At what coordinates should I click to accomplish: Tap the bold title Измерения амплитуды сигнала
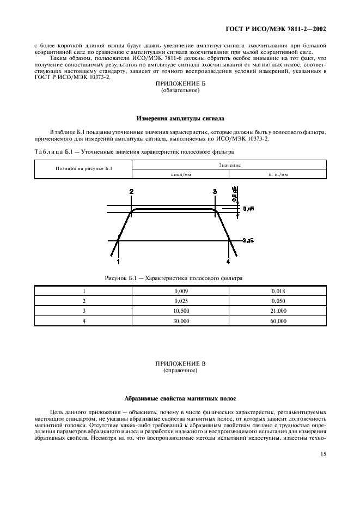[x=180, y=118]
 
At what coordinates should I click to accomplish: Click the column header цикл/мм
[x=180, y=174]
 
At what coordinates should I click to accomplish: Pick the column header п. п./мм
[x=278, y=174]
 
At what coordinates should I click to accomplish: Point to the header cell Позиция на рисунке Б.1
[x=84, y=169]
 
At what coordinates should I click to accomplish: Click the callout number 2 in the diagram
[x=131, y=191]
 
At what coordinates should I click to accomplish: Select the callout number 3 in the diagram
[x=215, y=191]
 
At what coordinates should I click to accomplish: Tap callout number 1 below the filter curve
[x=118, y=262]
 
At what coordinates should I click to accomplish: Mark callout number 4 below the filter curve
[x=228, y=262]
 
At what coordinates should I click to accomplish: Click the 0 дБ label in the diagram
[x=248, y=209]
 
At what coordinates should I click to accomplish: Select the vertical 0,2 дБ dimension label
[x=234, y=194]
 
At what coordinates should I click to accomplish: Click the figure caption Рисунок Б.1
[x=174, y=278]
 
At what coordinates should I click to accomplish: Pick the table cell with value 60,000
[x=278, y=321]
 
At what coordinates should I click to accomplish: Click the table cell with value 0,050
[x=278, y=301]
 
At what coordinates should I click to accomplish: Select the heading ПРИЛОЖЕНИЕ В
[x=180, y=363]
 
